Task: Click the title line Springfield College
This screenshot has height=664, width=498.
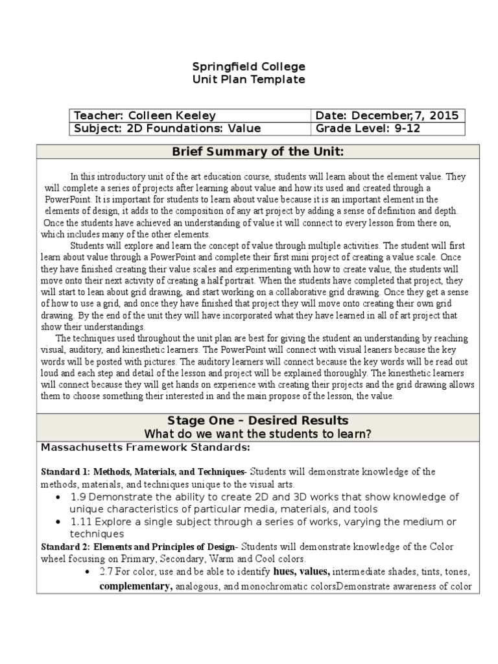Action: click(x=249, y=67)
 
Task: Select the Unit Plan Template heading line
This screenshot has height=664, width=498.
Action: click(x=249, y=80)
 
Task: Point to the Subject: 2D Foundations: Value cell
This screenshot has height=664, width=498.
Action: click(x=167, y=128)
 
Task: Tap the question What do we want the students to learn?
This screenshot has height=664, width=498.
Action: click(x=257, y=434)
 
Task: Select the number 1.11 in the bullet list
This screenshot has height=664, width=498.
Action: click(x=82, y=522)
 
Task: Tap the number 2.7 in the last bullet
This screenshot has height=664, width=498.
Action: click(x=106, y=572)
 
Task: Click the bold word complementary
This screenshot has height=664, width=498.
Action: click(x=136, y=587)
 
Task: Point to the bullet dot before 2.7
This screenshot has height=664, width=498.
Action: click(x=87, y=572)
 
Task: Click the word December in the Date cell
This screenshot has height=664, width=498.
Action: click(x=377, y=116)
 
